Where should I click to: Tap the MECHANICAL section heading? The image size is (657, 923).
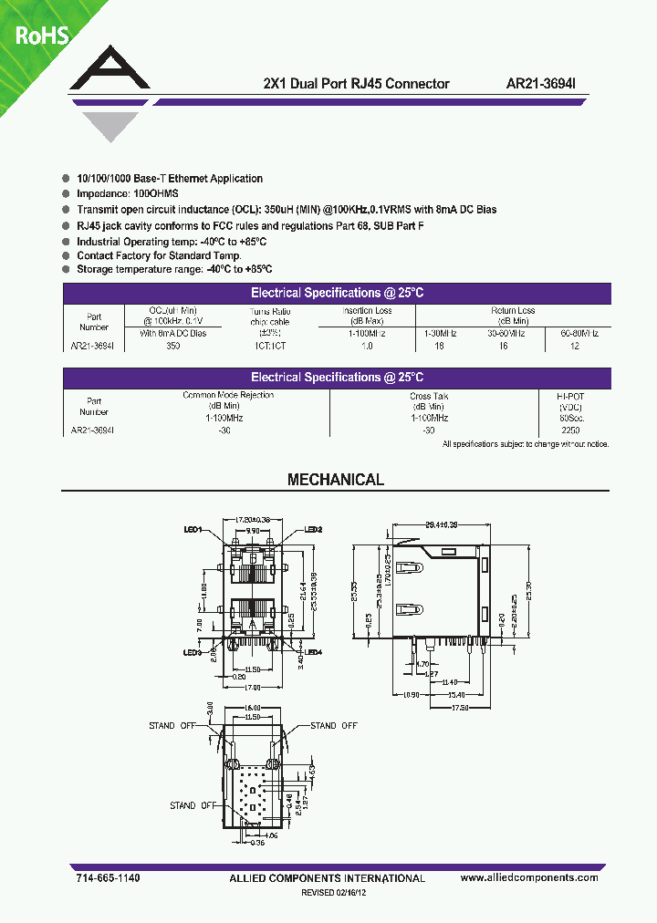tap(336, 480)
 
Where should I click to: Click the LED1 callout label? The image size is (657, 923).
tap(193, 530)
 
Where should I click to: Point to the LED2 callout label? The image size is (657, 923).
tap(313, 530)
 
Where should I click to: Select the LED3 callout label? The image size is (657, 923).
tap(192, 652)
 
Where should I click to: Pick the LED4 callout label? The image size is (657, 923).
tap(313, 652)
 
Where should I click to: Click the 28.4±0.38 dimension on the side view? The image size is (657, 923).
tap(442, 525)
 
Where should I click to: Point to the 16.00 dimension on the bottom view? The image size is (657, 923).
tap(253, 708)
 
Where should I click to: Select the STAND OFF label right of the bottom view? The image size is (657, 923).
tap(334, 726)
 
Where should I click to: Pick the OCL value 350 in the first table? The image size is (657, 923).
tap(173, 347)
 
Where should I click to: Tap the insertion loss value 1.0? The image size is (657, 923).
tap(367, 347)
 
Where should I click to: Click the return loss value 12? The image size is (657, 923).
tap(573, 347)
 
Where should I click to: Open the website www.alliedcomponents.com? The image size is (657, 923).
tap(529, 877)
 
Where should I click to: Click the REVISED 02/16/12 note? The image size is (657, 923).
tap(336, 894)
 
